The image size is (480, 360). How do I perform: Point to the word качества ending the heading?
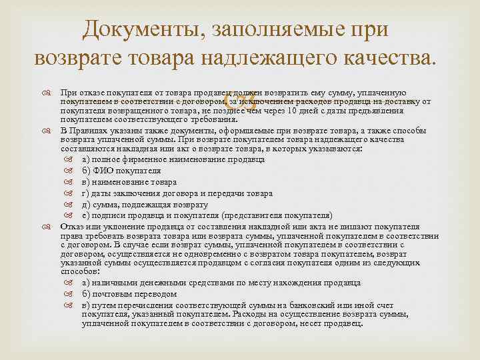click(395, 59)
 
